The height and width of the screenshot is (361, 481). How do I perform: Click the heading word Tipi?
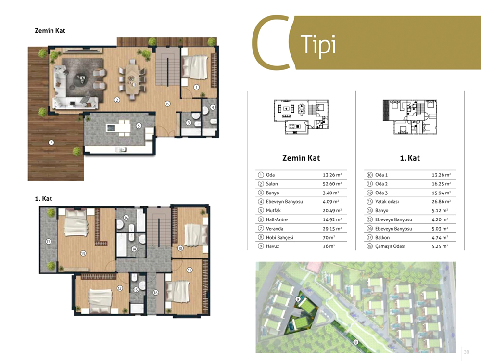pyautogui.click(x=318, y=45)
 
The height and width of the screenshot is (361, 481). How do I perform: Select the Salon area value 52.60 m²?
pyautogui.click(x=332, y=184)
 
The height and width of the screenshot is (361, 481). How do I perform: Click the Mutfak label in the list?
pyautogui.click(x=273, y=211)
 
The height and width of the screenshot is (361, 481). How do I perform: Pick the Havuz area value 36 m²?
pyautogui.click(x=329, y=246)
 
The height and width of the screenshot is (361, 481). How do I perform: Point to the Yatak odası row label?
pyautogui.click(x=387, y=202)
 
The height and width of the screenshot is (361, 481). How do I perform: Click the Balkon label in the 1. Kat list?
pyautogui.click(x=382, y=238)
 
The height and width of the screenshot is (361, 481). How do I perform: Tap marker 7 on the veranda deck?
pyautogui.click(x=51, y=142)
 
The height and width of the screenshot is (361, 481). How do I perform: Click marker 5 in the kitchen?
pyautogui.click(x=139, y=126)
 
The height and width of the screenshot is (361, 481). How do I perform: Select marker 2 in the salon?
pyautogui.click(x=117, y=100)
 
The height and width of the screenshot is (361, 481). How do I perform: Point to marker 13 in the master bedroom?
pyautogui.click(x=83, y=253)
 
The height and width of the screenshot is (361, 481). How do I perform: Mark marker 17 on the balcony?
pyautogui.click(x=49, y=242)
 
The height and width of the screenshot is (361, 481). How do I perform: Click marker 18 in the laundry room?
pyautogui.click(x=156, y=293)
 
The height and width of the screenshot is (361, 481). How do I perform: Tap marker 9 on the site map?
pyautogui.click(x=298, y=299)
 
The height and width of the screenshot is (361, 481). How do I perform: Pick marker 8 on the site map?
pyautogui.click(x=355, y=342)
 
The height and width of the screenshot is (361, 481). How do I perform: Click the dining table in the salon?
pyautogui.click(x=132, y=79)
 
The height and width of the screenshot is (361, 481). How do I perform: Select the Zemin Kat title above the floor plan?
pyautogui.click(x=50, y=30)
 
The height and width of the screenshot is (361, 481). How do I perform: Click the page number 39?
pyautogui.click(x=467, y=352)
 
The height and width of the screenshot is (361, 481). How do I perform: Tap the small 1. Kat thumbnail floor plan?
pyautogui.click(x=410, y=117)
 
